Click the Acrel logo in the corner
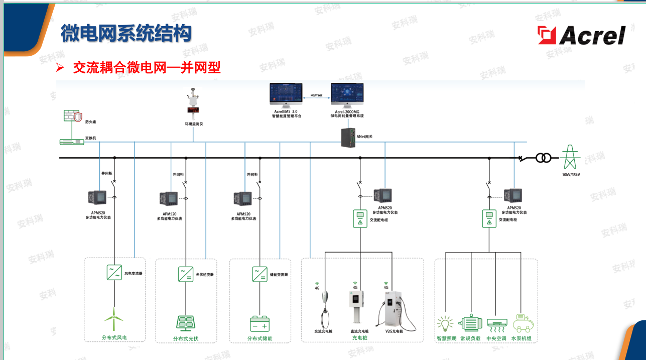(582, 35)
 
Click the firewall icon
(73, 116)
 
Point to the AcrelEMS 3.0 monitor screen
(286, 94)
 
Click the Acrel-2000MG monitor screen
(347, 94)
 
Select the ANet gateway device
(348, 137)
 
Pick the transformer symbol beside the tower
(543, 158)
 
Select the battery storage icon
(260, 323)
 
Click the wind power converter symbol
(114, 272)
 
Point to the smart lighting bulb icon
(446, 324)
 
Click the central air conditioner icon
(496, 324)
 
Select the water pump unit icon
(523, 323)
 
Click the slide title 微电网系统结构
(125, 34)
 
